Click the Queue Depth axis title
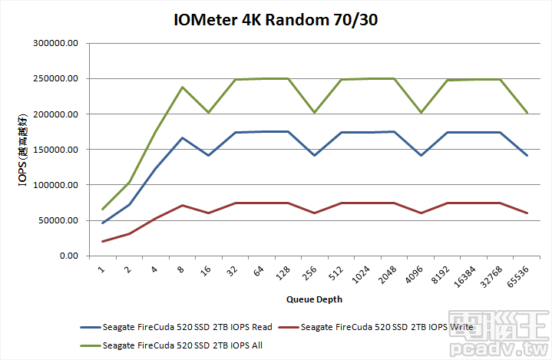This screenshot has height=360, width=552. click(x=314, y=299)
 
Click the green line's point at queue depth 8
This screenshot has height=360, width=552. click(x=183, y=87)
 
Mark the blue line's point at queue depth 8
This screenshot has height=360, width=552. click(x=183, y=138)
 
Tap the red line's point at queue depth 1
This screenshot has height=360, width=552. click(x=103, y=242)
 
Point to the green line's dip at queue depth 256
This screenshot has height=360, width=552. click(x=314, y=113)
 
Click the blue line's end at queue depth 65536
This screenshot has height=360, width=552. click(x=527, y=156)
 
